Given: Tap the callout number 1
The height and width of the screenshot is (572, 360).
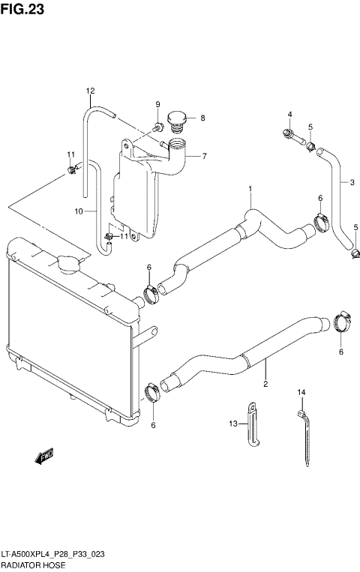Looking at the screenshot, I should (x=250, y=189).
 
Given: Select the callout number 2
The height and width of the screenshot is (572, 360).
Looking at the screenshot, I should (x=265, y=385).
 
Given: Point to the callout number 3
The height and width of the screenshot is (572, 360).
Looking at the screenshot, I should (x=351, y=181).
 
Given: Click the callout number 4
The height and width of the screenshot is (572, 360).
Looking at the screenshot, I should (x=289, y=114).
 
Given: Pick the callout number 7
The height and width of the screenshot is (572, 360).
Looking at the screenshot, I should (x=202, y=157).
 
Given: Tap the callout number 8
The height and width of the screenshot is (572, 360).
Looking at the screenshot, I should (x=202, y=118).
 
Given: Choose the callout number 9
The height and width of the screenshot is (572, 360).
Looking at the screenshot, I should (x=157, y=104).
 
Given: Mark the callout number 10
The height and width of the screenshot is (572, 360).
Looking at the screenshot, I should (x=77, y=212).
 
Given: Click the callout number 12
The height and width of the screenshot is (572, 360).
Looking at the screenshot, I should (x=90, y=91).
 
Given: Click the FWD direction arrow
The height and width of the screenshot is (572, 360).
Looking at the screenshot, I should (x=46, y=454).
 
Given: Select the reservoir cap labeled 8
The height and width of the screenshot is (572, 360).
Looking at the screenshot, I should (x=178, y=120).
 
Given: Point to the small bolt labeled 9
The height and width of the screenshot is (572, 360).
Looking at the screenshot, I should (x=159, y=126).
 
